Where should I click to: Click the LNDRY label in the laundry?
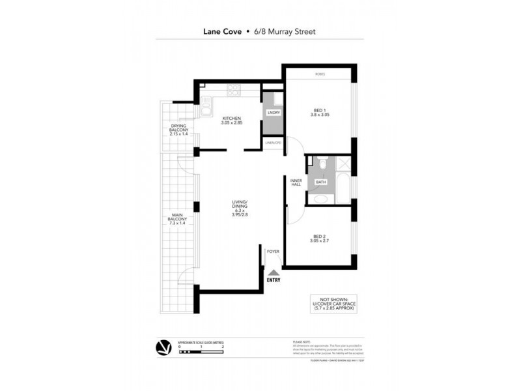point(272,113)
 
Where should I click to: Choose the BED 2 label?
point(319,239)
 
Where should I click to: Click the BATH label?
point(320,182)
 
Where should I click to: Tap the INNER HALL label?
point(295,183)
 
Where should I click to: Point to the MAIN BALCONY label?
point(177,220)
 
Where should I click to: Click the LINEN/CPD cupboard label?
point(272,143)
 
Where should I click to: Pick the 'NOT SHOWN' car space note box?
point(333,304)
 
